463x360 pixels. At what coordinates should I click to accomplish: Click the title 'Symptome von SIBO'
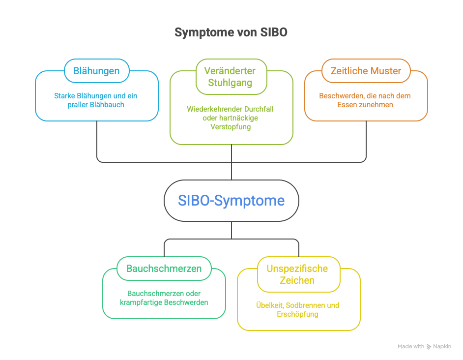click(231, 32)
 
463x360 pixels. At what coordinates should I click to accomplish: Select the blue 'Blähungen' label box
click(96, 71)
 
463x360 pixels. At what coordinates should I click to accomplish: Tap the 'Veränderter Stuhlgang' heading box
click(231, 76)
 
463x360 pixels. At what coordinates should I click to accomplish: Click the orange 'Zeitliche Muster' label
click(366, 71)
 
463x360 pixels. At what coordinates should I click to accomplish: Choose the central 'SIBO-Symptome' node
click(231, 201)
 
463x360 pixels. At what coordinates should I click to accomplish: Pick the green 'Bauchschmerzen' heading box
click(164, 269)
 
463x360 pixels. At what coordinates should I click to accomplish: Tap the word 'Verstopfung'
click(231, 127)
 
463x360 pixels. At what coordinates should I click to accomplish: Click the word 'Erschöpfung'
click(298, 314)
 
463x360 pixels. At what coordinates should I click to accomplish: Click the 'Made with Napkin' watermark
click(424, 347)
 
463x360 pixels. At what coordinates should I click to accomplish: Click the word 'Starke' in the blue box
click(65, 96)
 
